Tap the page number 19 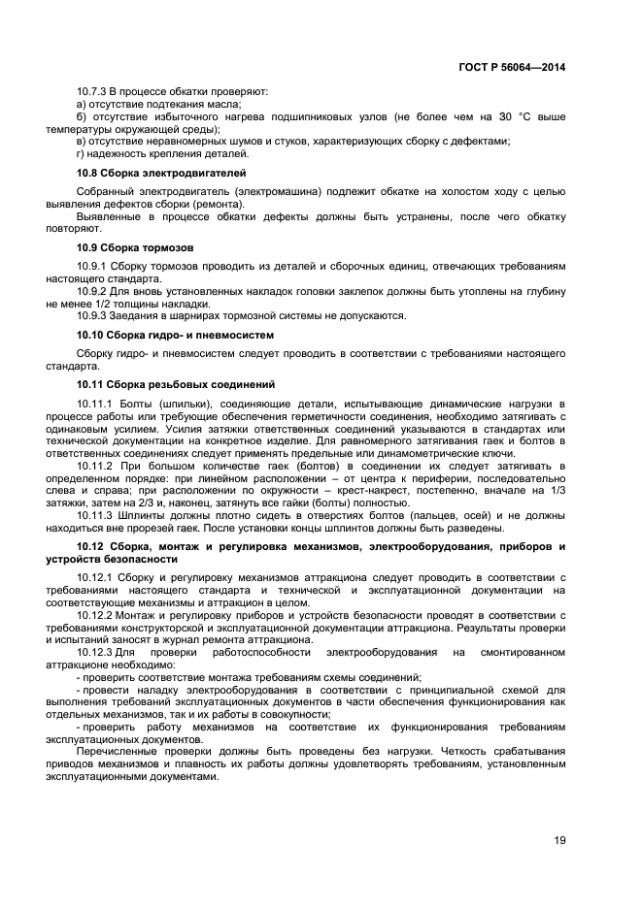559,839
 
